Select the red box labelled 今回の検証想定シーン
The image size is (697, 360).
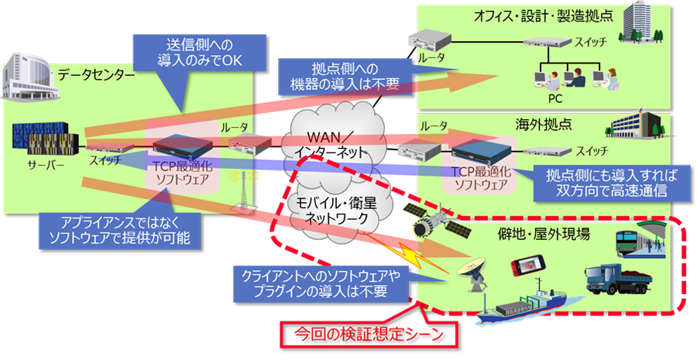pos(366,335)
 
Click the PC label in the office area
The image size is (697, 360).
pos(555,98)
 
